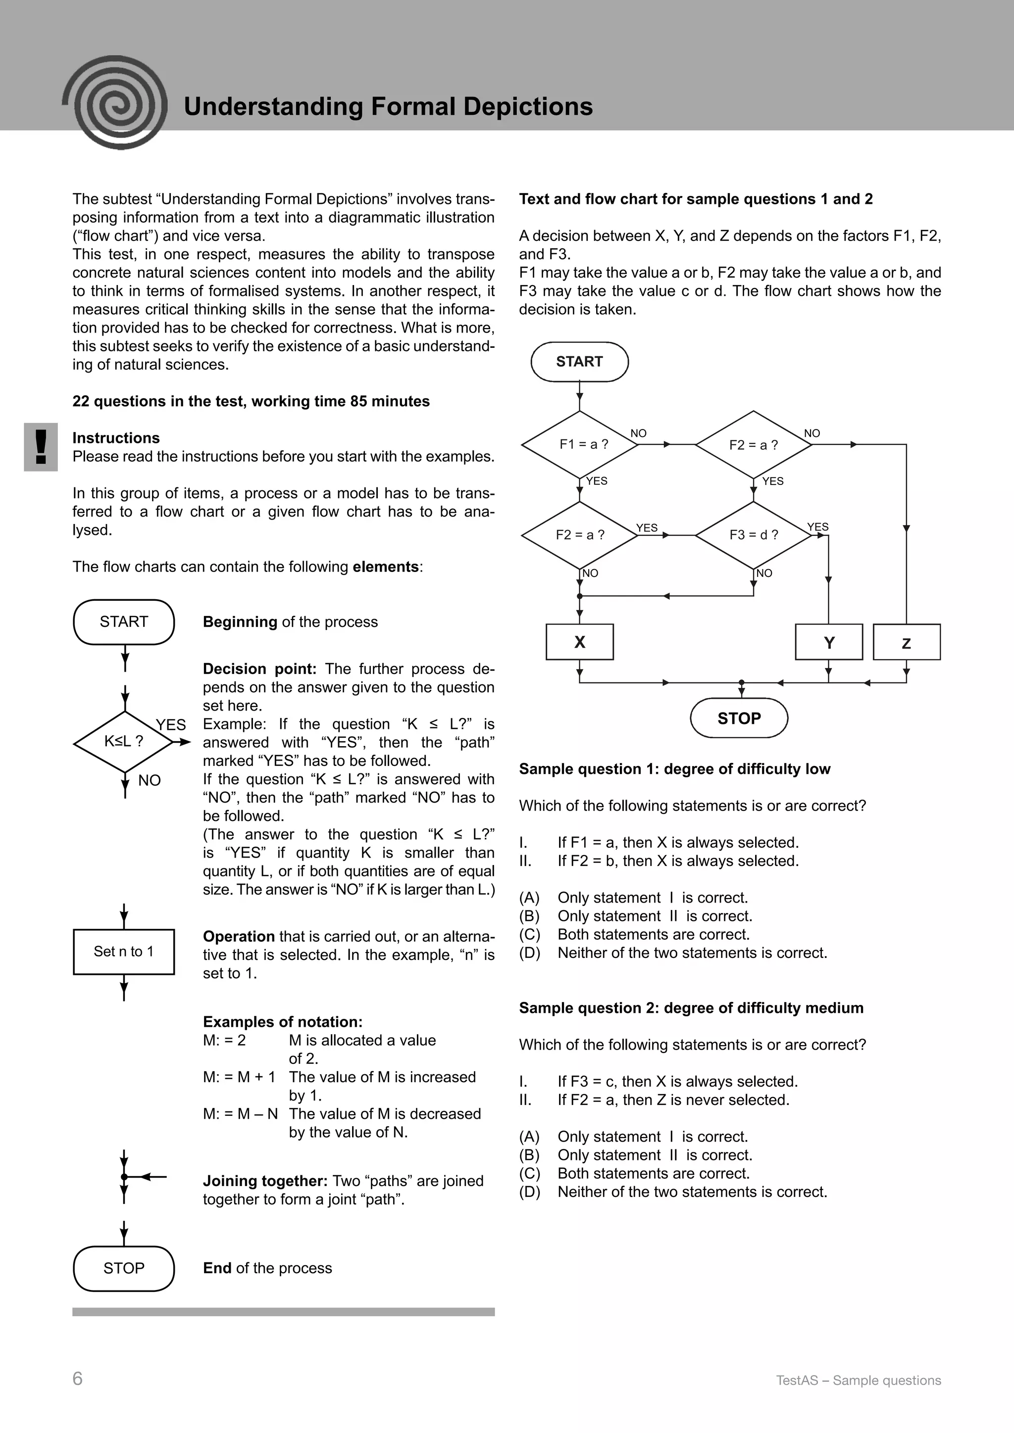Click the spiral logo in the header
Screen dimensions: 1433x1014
pos(115,103)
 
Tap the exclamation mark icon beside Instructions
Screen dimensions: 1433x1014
pos(41,447)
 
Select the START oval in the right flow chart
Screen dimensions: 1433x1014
pos(579,362)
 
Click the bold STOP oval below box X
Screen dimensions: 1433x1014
pos(739,718)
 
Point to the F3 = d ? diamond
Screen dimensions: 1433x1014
pos(754,535)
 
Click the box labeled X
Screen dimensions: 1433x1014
pos(579,642)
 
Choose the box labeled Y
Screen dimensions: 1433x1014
pos(828,642)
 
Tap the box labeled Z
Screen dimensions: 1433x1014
pos(906,642)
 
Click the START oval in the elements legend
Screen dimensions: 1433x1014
pos(124,622)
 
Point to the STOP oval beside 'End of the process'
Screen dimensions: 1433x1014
pos(124,1269)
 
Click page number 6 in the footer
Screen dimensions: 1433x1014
pos(77,1379)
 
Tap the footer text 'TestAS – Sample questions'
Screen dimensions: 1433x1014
pos(858,1381)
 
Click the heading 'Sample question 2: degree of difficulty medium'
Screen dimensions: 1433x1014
pos(691,1008)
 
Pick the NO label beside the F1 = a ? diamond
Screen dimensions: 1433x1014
pos(638,433)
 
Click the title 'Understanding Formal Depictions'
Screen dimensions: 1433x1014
pos(388,107)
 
